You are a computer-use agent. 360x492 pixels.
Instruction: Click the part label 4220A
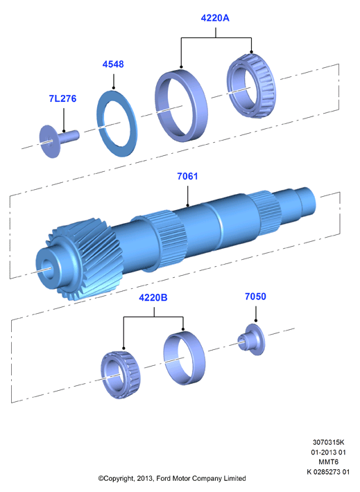215,18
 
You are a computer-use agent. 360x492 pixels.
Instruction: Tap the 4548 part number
113,64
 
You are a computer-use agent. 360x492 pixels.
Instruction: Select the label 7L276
62,98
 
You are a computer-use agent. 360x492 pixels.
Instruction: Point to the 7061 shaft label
187,176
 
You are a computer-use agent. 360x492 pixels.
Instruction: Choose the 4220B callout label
153,297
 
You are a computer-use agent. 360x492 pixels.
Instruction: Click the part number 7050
255,296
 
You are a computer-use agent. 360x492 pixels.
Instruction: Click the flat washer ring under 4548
101,123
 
